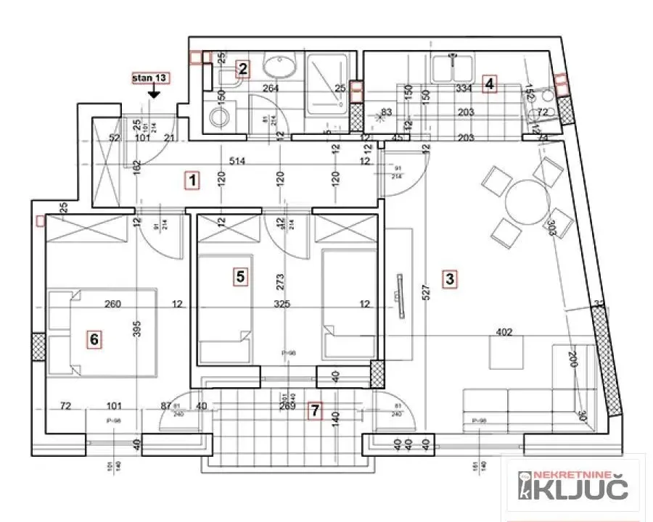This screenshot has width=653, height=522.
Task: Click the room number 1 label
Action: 192,180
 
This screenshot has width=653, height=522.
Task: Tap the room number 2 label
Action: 243,69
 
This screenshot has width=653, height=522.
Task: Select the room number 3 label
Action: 450,278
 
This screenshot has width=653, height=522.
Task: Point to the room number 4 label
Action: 490,83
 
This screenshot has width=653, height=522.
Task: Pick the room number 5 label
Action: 241,275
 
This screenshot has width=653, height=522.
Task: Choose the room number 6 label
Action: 93,338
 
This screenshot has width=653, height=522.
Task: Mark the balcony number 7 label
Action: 314,411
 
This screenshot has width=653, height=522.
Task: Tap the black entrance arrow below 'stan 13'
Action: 154,93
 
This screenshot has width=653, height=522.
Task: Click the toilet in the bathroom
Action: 218,116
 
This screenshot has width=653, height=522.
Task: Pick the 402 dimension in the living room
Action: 505,333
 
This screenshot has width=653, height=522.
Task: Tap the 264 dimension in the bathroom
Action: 271,89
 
